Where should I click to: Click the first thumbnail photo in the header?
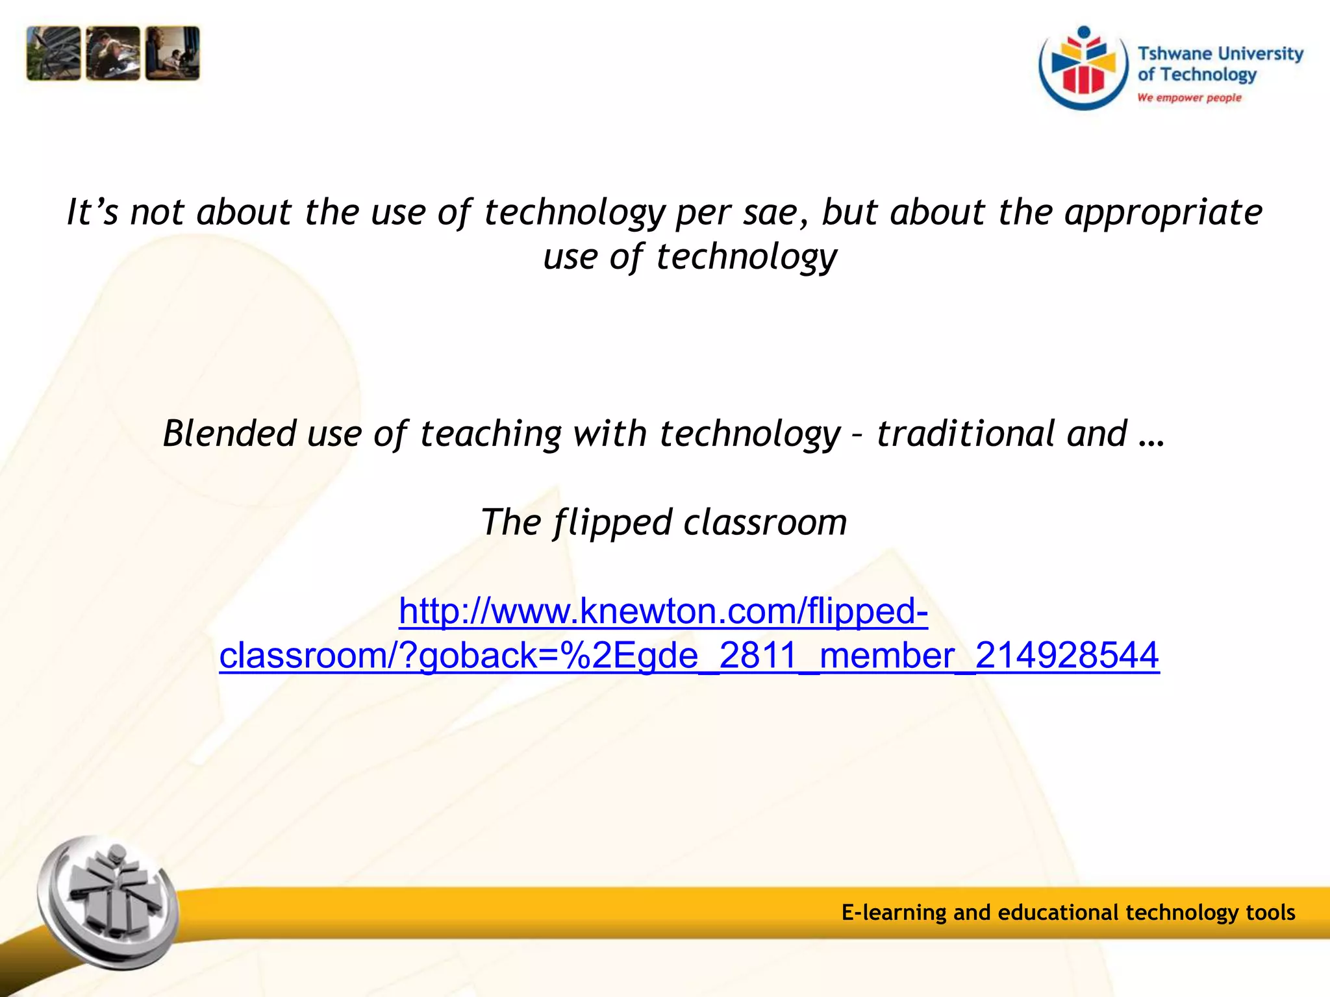coord(53,54)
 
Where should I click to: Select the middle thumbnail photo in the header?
coord(113,54)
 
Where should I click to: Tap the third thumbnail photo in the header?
coord(173,54)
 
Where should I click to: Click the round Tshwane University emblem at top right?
coord(1083,68)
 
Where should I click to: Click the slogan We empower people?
coord(1189,97)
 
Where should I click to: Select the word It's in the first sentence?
coord(93,212)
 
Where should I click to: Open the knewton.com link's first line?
coord(663,611)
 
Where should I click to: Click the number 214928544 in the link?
coord(1067,655)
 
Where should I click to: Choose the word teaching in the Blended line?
coord(490,433)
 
